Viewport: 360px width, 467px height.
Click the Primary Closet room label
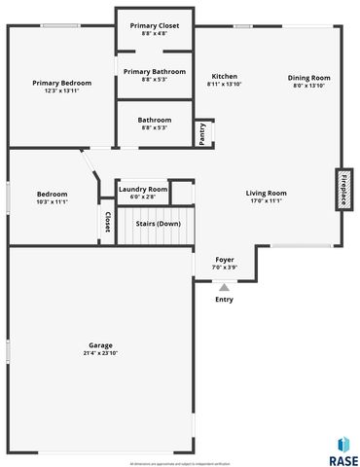(x=154, y=26)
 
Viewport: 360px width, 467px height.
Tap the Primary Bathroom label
(x=154, y=71)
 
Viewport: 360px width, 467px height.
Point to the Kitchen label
(x=225, y=76)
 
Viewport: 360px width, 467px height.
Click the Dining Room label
(x=308, y=78)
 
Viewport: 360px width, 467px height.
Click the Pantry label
(x=201, y=131)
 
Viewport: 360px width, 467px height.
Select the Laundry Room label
(x=143, y=189)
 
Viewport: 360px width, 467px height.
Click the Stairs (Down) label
(x=157, y=224)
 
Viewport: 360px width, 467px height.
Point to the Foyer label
(x=224, y=260)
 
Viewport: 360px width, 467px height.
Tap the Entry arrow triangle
(x=224, y=287)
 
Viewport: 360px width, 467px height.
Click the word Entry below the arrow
(x=224, y=299)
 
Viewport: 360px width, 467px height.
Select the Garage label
(x=101, y=345)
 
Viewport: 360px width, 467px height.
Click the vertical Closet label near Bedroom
(x=105, y=223)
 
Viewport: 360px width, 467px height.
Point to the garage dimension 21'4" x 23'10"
(x=101, y=353)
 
